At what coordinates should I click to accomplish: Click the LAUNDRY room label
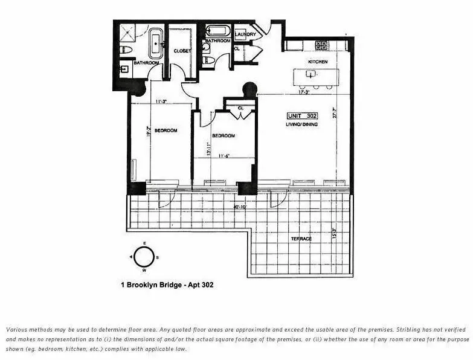245,34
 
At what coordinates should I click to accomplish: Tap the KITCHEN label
318,62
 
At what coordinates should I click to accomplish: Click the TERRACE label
300,239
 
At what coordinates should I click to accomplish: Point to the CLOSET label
182,51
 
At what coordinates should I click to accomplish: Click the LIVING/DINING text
301,124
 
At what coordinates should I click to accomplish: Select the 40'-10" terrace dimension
240,207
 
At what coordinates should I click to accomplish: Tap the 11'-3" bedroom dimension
160,101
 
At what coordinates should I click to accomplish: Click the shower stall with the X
127,32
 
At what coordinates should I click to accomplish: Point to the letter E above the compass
144,243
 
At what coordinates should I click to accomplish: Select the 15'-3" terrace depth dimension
333,231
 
